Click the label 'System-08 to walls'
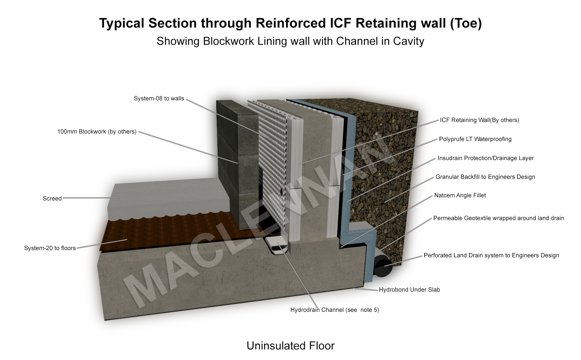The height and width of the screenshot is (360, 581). pyautogui.click(x=159, y=99)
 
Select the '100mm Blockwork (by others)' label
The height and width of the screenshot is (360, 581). pyautogui.click(x=97, y=132)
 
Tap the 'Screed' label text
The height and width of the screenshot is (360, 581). pyautogui.click(x=52, y=198)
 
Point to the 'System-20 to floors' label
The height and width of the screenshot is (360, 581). pyautogui.click(x=50, y=248)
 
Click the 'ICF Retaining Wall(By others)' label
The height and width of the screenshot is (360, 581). pyautogui.click(x=479, y=120)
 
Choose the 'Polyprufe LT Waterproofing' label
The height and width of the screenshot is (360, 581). pyautogui.click(x=475, y=139)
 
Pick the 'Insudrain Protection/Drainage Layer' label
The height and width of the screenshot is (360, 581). pyautogui.click(x=485, y=158)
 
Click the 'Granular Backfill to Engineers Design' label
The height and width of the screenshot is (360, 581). pyautogui.click(x=485, y=177)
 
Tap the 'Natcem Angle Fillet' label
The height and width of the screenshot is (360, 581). pyautogui.click(x=460, y=195)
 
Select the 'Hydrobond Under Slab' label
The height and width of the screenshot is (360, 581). pyautogui.click(x=409, y=290)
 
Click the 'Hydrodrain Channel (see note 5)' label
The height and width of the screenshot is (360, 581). pyautogui.click(x=335, y=310)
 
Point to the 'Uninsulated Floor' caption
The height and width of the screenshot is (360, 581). pyautogui.click(x=290, y=346)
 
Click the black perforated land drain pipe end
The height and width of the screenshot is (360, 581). pyautogui.click(x=383, y=267)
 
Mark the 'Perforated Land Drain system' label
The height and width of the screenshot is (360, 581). pyautogui.click(x=491, y=255)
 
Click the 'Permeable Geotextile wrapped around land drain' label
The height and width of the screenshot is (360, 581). pyautogui.click(x=498, y=218)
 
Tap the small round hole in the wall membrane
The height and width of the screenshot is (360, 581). pyautogui.click(x=281, y=191)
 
